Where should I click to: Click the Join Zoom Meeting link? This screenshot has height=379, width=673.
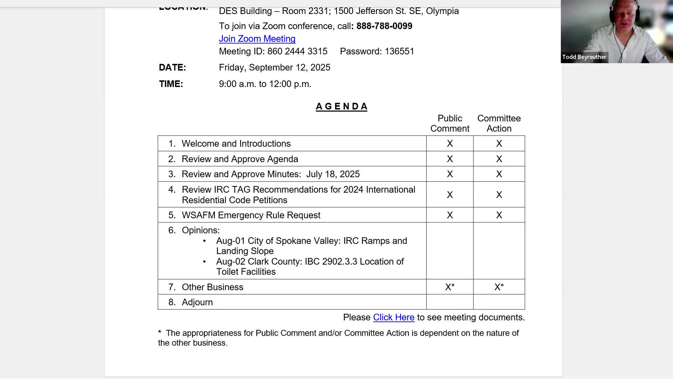point(257,39)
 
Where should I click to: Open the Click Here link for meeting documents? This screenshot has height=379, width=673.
point(393,317)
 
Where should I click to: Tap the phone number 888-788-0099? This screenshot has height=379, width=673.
point(384,26)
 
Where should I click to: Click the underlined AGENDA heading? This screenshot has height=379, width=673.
point(341,106)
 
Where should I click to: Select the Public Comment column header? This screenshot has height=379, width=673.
point(450,123)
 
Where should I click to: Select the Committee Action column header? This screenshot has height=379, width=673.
point(499,123)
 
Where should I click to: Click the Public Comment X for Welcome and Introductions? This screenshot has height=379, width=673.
point(450,144)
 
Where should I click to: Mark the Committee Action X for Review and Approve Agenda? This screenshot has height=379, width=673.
point(499,159)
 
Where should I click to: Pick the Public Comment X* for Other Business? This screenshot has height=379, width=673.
point(450,287)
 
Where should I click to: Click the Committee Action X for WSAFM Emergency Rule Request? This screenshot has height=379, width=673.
point(499,215)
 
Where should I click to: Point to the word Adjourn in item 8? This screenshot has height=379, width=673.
point(197,302)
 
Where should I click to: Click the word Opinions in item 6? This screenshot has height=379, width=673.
point(200,230)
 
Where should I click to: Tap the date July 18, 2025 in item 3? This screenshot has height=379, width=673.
point(333,174)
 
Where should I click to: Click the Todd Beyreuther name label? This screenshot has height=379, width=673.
point(584,57)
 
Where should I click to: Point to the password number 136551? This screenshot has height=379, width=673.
point(399,51)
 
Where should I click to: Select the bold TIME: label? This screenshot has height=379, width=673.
point(171,84)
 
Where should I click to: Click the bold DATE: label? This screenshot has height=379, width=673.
point(172,67)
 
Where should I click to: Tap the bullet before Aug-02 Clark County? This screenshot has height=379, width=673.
point(204,261)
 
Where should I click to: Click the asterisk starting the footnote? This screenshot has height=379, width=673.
point(160,332)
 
